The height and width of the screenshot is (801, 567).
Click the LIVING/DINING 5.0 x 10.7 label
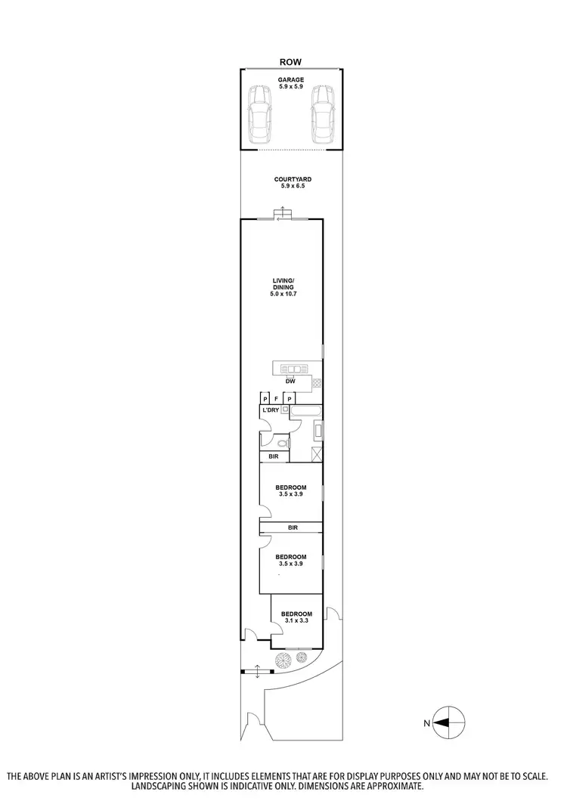[x=282, y=287]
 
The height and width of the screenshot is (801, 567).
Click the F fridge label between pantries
[x=277, y=397]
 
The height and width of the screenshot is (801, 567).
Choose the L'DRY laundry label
[x=270, y=410]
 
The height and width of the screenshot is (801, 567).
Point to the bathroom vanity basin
[x=318, y=431]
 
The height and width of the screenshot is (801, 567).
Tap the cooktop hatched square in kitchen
[x=318, y=382]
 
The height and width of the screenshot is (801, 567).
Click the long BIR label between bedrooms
[x=291, y=527]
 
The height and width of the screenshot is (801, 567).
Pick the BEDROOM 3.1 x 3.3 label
[x=296, y=617]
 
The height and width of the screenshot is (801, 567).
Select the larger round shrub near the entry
[x=282, y=660]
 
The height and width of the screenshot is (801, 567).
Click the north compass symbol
[x=448, y=723]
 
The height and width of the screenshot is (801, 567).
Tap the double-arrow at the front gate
[x=259, y=671]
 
